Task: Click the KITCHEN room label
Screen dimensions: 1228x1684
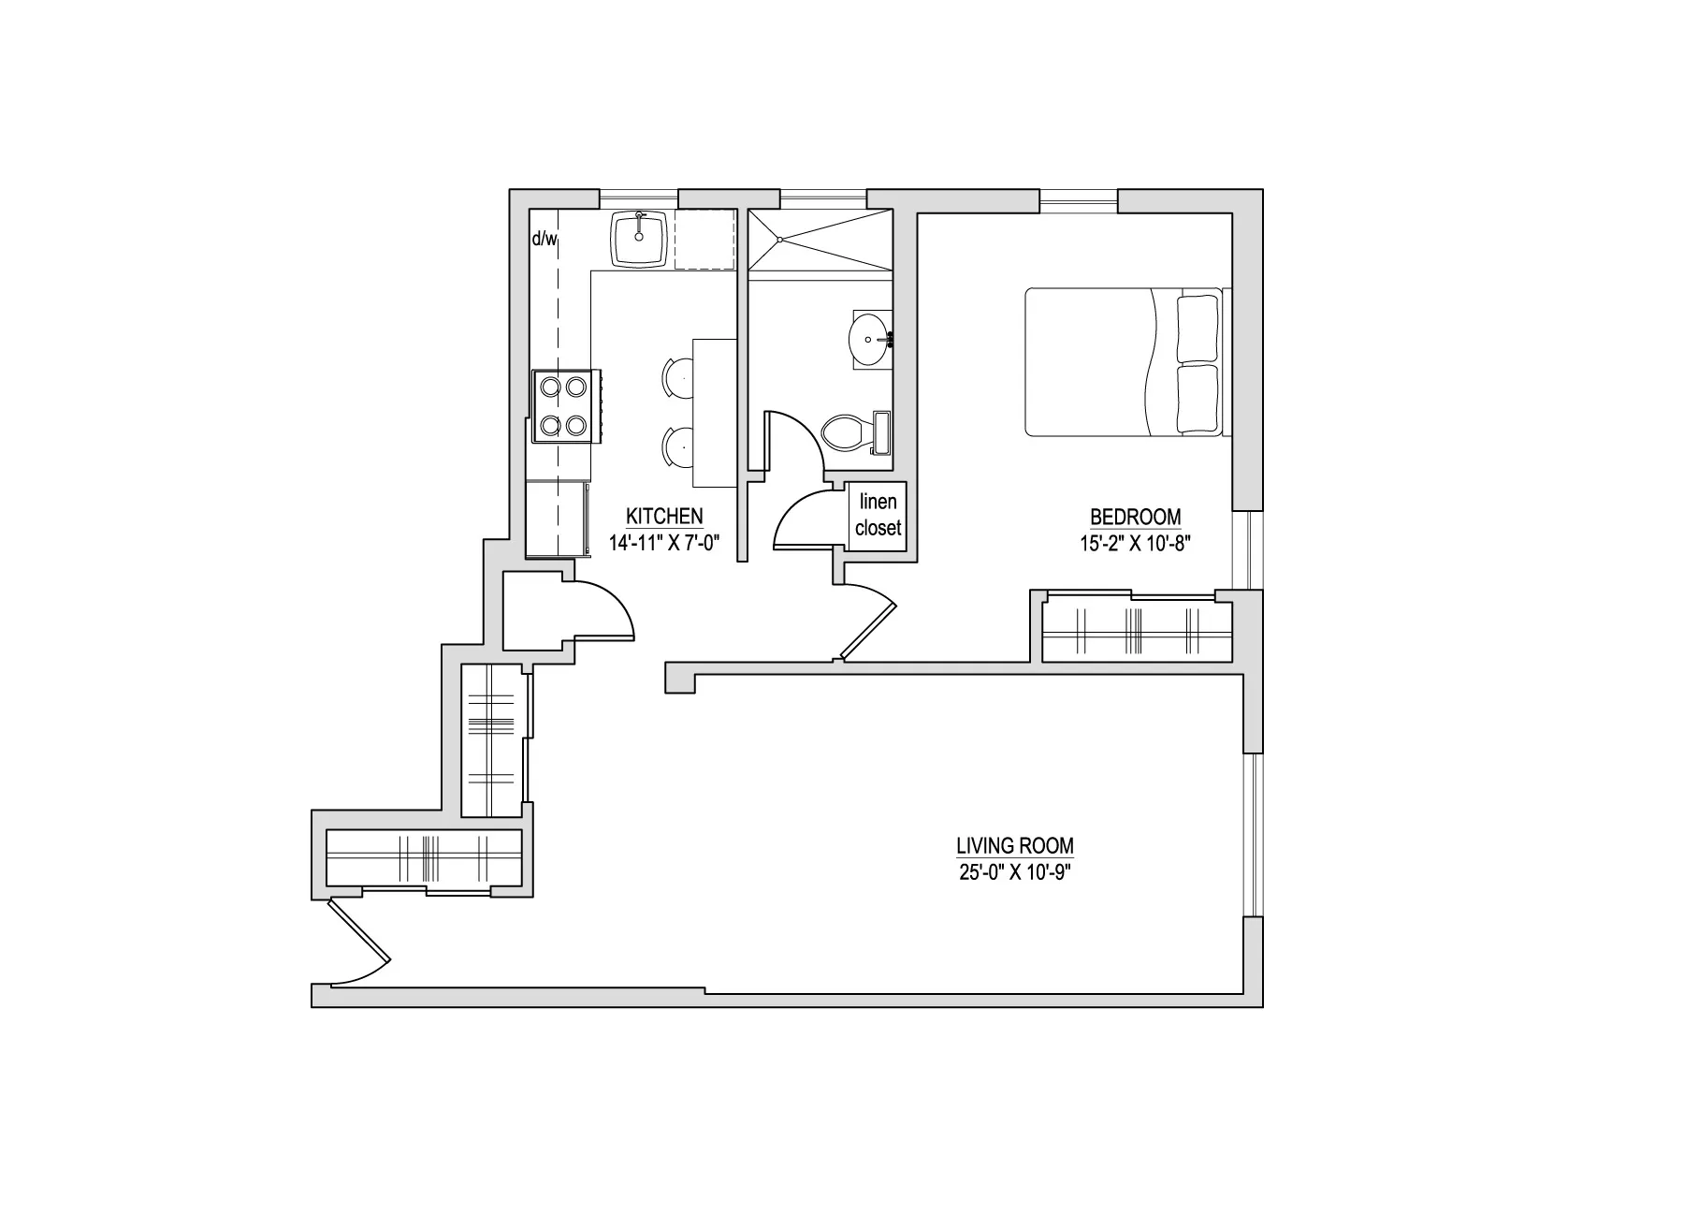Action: pos(664,517)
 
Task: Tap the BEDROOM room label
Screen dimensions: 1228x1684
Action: pos(1135,517)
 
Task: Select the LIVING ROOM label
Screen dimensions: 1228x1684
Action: pos(1014,846)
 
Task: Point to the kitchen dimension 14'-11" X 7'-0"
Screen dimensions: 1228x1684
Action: pos(663,543)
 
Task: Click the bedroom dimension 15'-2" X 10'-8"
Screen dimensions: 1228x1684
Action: pos(1135,543)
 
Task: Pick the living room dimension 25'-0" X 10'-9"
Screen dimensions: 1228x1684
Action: pos(1014,873)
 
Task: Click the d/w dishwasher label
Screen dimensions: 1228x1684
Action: pos(544,240)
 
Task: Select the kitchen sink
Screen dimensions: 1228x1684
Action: pos(640,238)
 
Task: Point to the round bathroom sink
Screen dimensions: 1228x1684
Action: pos(869,339)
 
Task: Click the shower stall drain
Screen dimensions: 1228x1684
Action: pos(778,240)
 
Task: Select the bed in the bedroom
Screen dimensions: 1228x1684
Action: pos(1123,362)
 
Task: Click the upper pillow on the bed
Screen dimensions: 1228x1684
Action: pos(1198,328)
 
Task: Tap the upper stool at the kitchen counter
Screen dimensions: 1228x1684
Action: pos(677,378)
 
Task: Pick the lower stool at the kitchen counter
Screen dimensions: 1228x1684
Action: pos(677,448)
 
